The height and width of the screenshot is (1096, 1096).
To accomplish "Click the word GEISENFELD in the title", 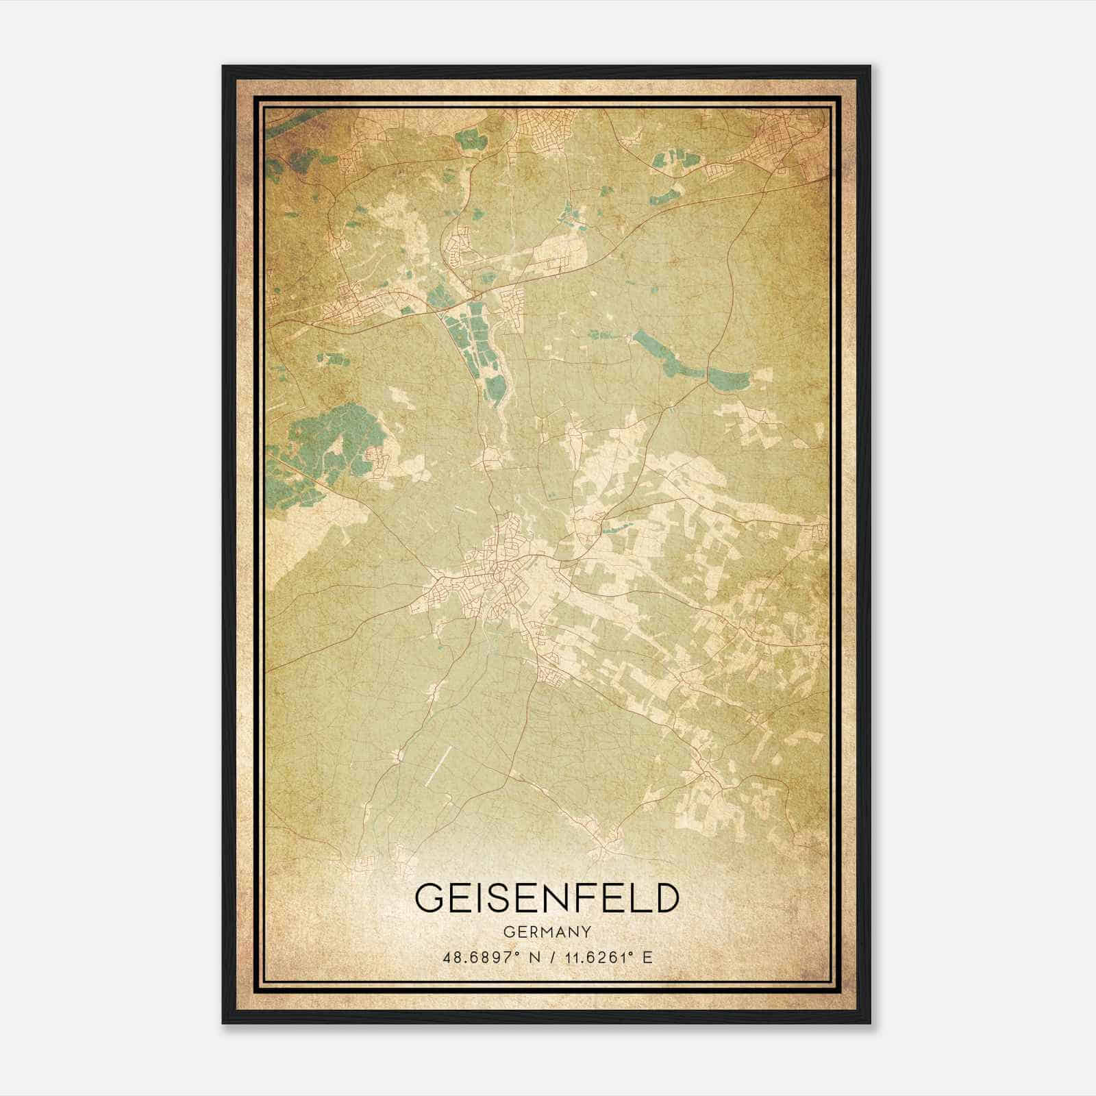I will point(547,898).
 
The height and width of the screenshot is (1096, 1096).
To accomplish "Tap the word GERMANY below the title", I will point(547,932).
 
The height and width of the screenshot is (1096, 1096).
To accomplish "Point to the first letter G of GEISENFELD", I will point(430,898).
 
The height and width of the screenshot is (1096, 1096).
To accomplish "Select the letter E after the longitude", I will point(647,957).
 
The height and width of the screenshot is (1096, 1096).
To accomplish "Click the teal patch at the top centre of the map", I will point(469,140).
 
